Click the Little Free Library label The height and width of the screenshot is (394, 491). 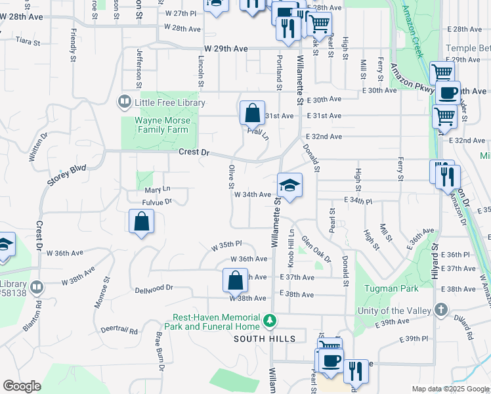coord(169,102)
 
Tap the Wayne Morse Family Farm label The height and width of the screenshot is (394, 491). coord(162,125)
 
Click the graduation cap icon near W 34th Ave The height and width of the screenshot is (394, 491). coord(289,185)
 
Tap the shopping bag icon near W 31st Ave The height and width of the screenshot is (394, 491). coord(252,114)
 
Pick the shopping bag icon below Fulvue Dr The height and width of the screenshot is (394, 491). coord(141,222)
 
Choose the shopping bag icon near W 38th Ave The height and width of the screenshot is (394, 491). coord(235,281)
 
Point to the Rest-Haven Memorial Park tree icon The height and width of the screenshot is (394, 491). coord(268,320)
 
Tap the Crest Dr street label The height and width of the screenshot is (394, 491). coord(194,152)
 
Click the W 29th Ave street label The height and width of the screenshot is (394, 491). coord(226,49)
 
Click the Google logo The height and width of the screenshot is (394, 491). coord(21,386)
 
